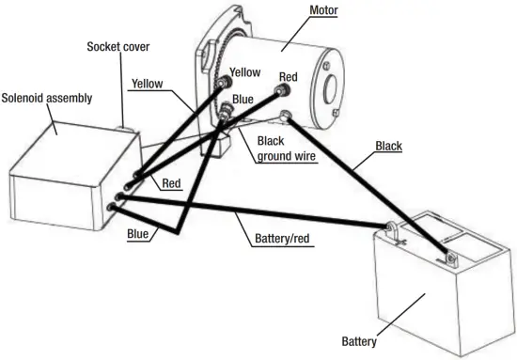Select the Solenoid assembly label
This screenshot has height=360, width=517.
tap(46, 97)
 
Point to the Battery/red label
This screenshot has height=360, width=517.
tap(282, 239)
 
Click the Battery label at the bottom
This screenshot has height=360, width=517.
tap(361, 339)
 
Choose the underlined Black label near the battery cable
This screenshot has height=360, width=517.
tap(390, 147)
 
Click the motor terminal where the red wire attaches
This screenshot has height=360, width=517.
tap(281, 91)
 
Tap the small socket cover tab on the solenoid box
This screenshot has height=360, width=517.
tap(120, 125)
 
